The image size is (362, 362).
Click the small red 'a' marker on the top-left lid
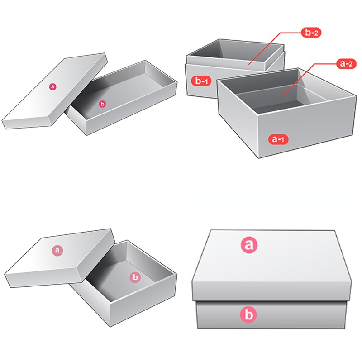pos(52,86)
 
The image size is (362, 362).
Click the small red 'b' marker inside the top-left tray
pos(102,104)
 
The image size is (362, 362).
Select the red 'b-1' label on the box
pos(200,81)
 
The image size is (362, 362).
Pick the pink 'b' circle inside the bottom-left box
pos(135,277)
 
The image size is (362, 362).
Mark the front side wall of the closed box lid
pos(271,290)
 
